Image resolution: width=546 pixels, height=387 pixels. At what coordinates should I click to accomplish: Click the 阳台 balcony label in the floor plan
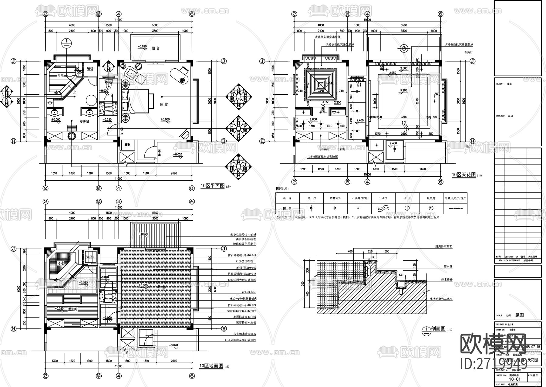[x=156, y=48]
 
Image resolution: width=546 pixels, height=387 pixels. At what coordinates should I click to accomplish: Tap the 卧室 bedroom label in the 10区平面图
[x=164, y=104]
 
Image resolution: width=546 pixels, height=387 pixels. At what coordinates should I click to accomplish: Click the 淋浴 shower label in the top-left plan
[x=90, y=69]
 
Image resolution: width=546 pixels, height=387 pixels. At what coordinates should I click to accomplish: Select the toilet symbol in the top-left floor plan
[x=108, y=83]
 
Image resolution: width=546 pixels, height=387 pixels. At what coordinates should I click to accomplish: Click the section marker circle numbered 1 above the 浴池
[x=66, y=43]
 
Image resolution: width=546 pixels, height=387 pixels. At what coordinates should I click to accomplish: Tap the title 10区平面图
[x=212, y=185]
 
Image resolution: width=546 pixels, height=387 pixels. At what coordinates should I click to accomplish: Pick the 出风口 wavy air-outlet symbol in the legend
[x=383, y=208]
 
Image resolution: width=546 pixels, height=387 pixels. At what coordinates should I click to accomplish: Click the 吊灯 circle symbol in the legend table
[x=407, y=208]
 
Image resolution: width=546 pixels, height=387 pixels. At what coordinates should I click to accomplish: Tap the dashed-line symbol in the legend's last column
[x=455, y=209]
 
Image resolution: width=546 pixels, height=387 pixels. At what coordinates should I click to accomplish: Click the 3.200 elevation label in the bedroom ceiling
[x=403, y=90]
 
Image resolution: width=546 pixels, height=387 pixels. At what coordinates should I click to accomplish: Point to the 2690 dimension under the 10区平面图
[x=174, y=173]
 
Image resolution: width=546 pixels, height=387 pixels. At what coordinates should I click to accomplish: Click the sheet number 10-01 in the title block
[x=514, y=379]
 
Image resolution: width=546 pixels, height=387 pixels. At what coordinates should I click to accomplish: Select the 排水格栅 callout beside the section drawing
[x=447, y=279]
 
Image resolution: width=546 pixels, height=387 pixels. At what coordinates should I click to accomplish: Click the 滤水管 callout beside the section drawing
[x=448, y=266]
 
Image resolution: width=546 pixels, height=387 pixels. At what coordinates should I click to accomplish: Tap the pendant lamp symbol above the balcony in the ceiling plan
[x=403, y=48]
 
